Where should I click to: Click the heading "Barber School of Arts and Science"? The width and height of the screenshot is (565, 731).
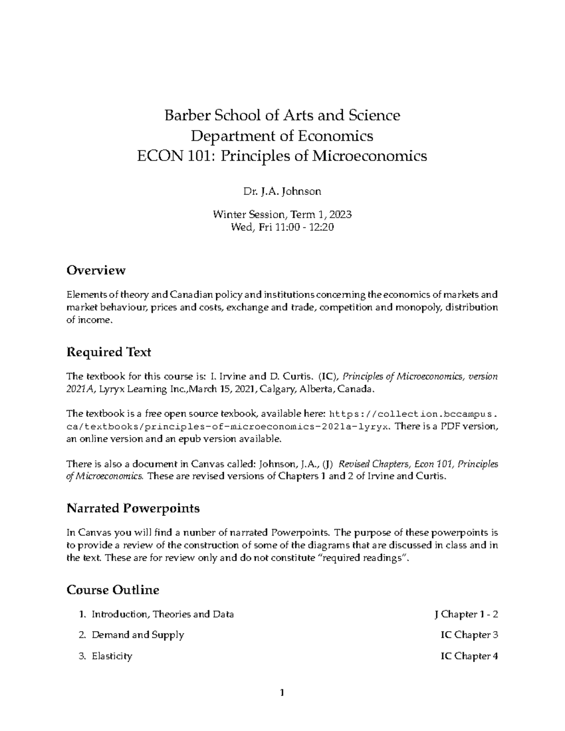(282, 115)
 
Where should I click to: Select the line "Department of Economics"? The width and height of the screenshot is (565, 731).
(282, 136)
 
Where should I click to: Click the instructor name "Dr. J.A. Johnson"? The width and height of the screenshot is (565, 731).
(282, 192)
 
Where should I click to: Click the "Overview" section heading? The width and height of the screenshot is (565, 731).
(96, 271)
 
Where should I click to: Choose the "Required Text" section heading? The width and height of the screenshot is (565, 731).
(109, 352)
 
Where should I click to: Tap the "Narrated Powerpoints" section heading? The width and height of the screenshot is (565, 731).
(133, 508)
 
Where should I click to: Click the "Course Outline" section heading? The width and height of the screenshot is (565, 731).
(113, 590)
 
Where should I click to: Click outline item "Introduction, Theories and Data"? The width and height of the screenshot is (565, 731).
(162, 614)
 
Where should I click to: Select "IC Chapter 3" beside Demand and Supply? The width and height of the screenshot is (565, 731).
(469, 635)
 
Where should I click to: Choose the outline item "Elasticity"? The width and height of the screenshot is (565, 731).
(112, 656)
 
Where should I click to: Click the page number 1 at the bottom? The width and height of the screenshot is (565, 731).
(282, 692)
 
